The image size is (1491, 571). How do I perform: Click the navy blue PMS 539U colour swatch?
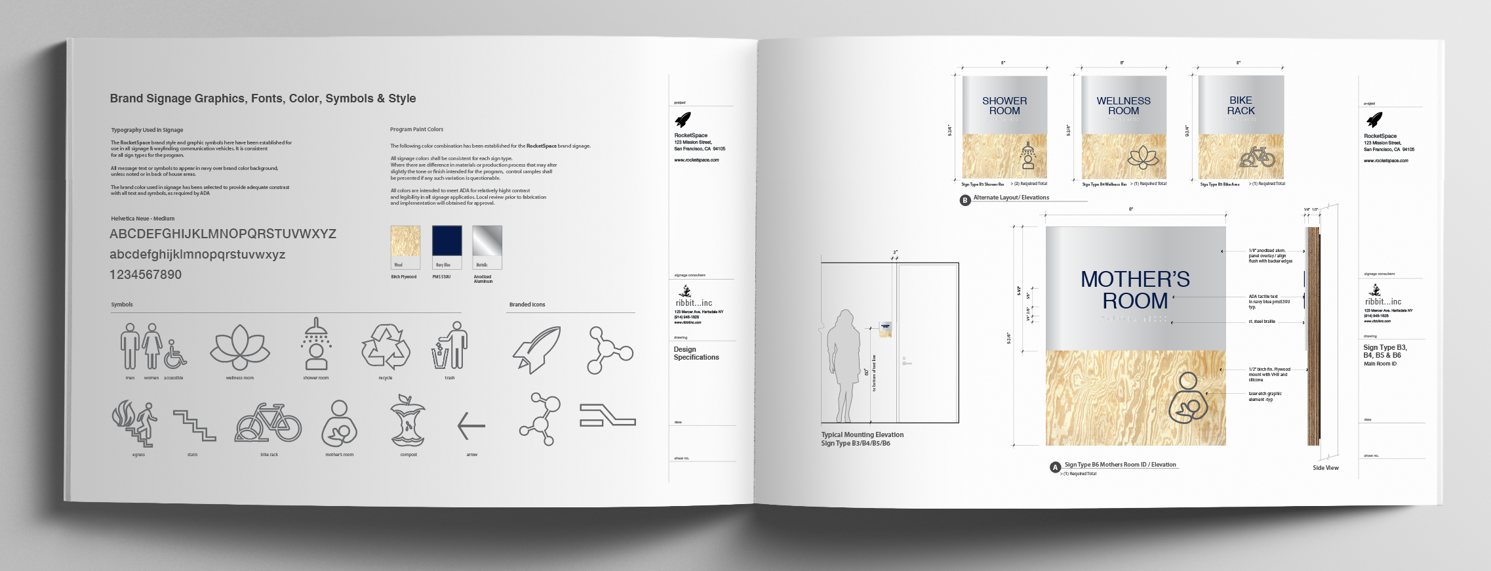point(447,242)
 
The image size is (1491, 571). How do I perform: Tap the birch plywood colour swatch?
point(405,242)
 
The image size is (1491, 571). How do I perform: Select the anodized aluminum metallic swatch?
point(487,242)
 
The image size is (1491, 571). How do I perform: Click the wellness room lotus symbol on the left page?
point(239,347)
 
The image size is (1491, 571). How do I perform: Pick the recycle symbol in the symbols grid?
point(386,347)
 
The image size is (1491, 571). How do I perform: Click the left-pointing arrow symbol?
point(471,426)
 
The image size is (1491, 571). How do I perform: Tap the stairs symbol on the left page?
point(194,425)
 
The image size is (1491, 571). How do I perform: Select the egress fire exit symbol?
point(135,423)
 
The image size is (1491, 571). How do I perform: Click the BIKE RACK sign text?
point(1241,106)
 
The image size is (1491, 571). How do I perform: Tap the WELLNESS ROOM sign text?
point(1123,106)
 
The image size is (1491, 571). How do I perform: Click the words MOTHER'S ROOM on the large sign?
point(1135,290)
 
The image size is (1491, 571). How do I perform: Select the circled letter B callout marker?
point(964,200)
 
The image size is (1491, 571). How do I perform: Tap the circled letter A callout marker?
point(1055,467)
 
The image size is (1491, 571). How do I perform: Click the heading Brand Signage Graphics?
point(262,98)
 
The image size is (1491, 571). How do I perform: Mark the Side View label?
point(1325,468)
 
